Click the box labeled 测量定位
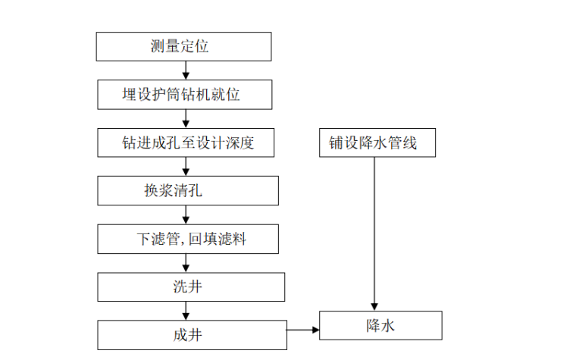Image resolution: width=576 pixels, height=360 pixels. [183, 47]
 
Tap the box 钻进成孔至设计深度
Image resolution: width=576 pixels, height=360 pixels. [186, 142]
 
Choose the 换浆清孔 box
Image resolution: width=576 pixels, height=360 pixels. [187, 190]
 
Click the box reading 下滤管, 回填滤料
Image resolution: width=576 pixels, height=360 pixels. [188, 239]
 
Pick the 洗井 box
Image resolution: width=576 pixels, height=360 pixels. [191, 286]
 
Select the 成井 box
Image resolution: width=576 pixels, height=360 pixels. [192, 334]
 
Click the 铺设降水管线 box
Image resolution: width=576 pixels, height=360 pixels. [377, 142]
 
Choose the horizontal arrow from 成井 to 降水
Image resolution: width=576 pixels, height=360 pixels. [303, 329]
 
